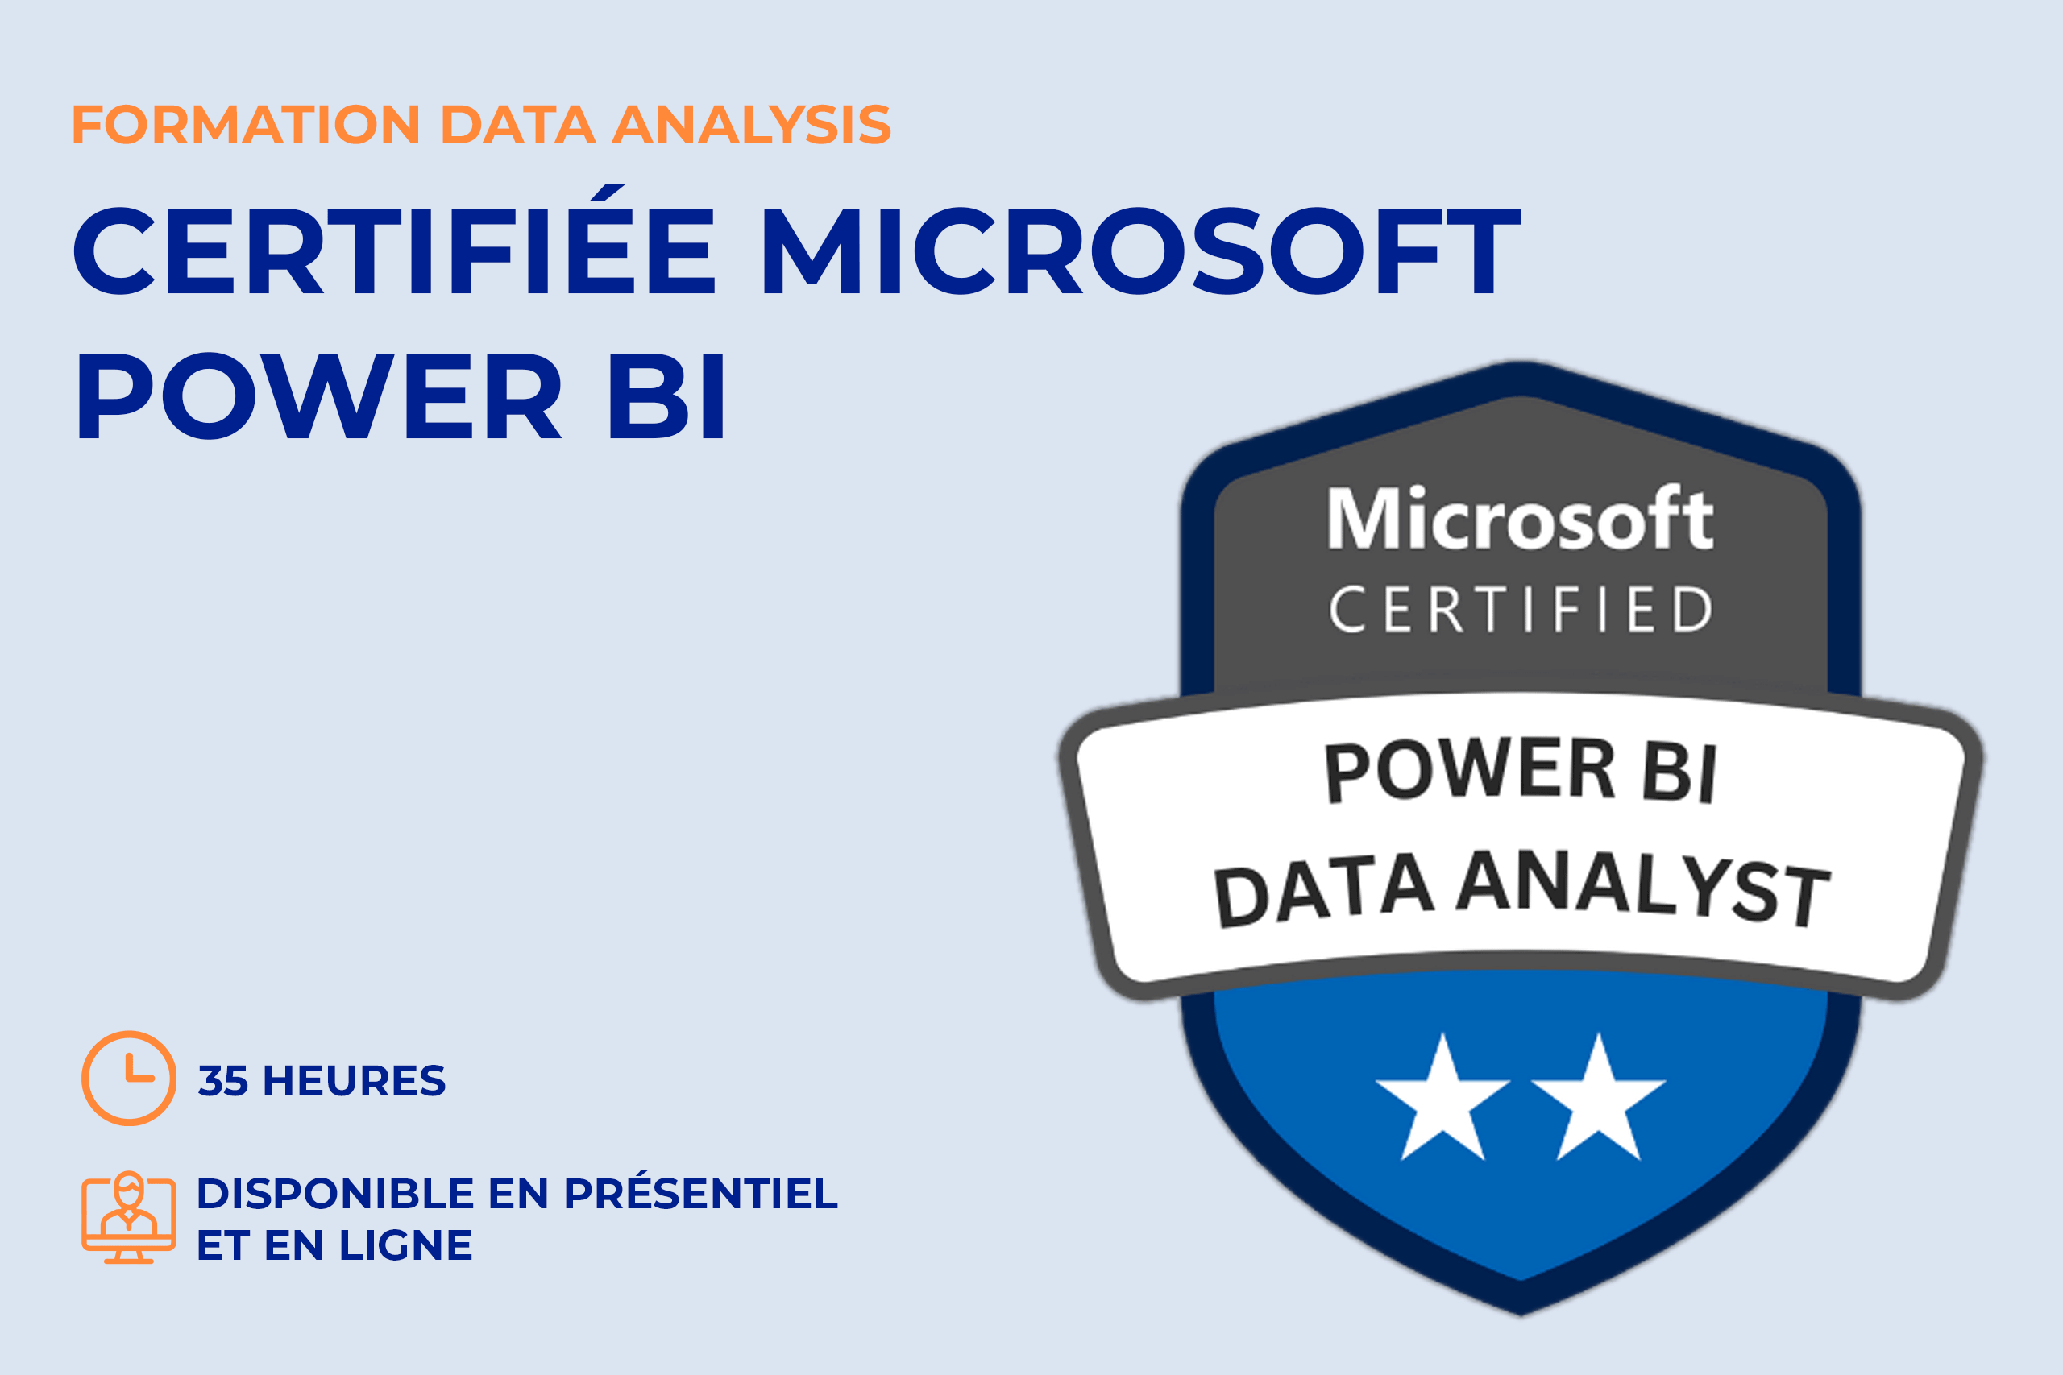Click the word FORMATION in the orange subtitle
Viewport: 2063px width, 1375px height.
pyautogui.click(x=247, y=125)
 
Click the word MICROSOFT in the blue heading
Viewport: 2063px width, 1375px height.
pyautogui.click(x=1141, y=251)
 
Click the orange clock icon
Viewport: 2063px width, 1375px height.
pyautogui.click(x=129, y=1079)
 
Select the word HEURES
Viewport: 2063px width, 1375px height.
pyautogui.click(x=355, y=1080)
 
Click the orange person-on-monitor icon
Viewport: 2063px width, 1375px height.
pyautogui.click(x=129, y=1217)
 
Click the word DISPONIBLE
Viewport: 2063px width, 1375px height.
pyautogui.click(x=336, y=1194)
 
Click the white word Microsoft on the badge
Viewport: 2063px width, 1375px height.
pyautogui.click(x=1520, y=518)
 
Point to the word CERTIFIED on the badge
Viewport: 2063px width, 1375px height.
pyautogui.click(x=1521, y=610)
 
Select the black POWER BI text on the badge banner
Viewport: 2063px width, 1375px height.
pyautogui.click(x=1520, y=771)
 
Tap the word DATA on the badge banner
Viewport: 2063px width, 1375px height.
pyautogui.click(x=1322, y=892)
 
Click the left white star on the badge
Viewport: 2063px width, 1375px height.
pyautogui.click(x=1442, y=1098)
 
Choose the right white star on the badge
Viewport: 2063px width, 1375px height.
pyautogui.click(x=1598, y=1098)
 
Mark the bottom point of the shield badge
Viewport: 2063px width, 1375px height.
pyautogui.click(x=1521, y=1316)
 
